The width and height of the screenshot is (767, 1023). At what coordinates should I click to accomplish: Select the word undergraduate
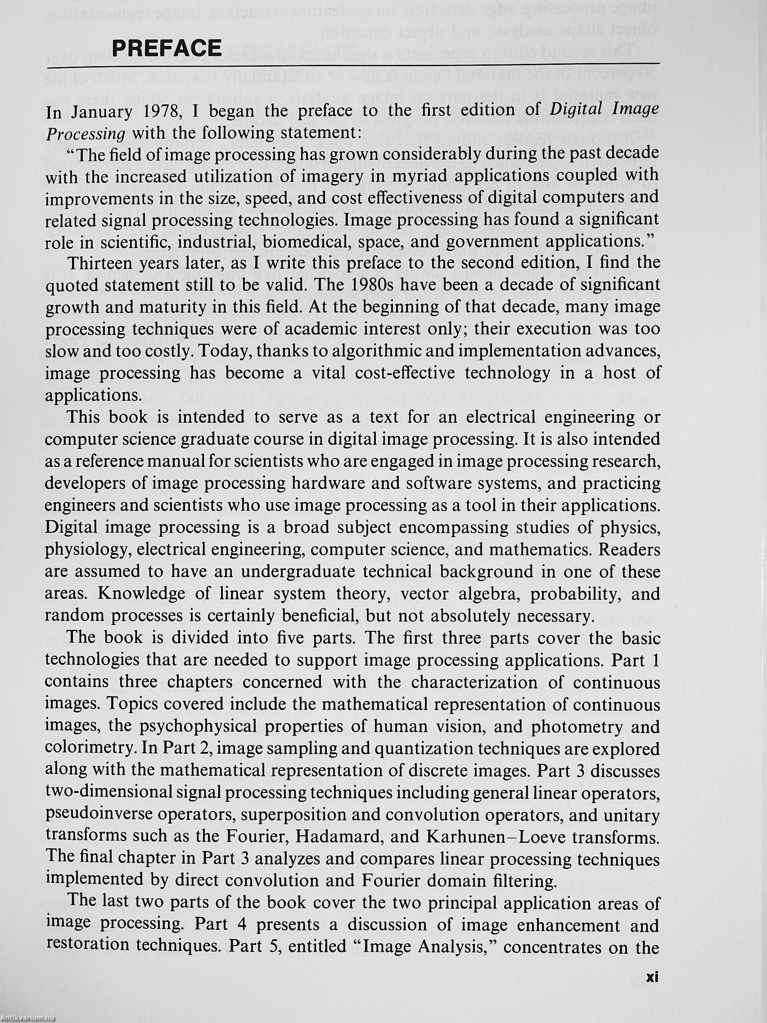pos(299,572)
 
